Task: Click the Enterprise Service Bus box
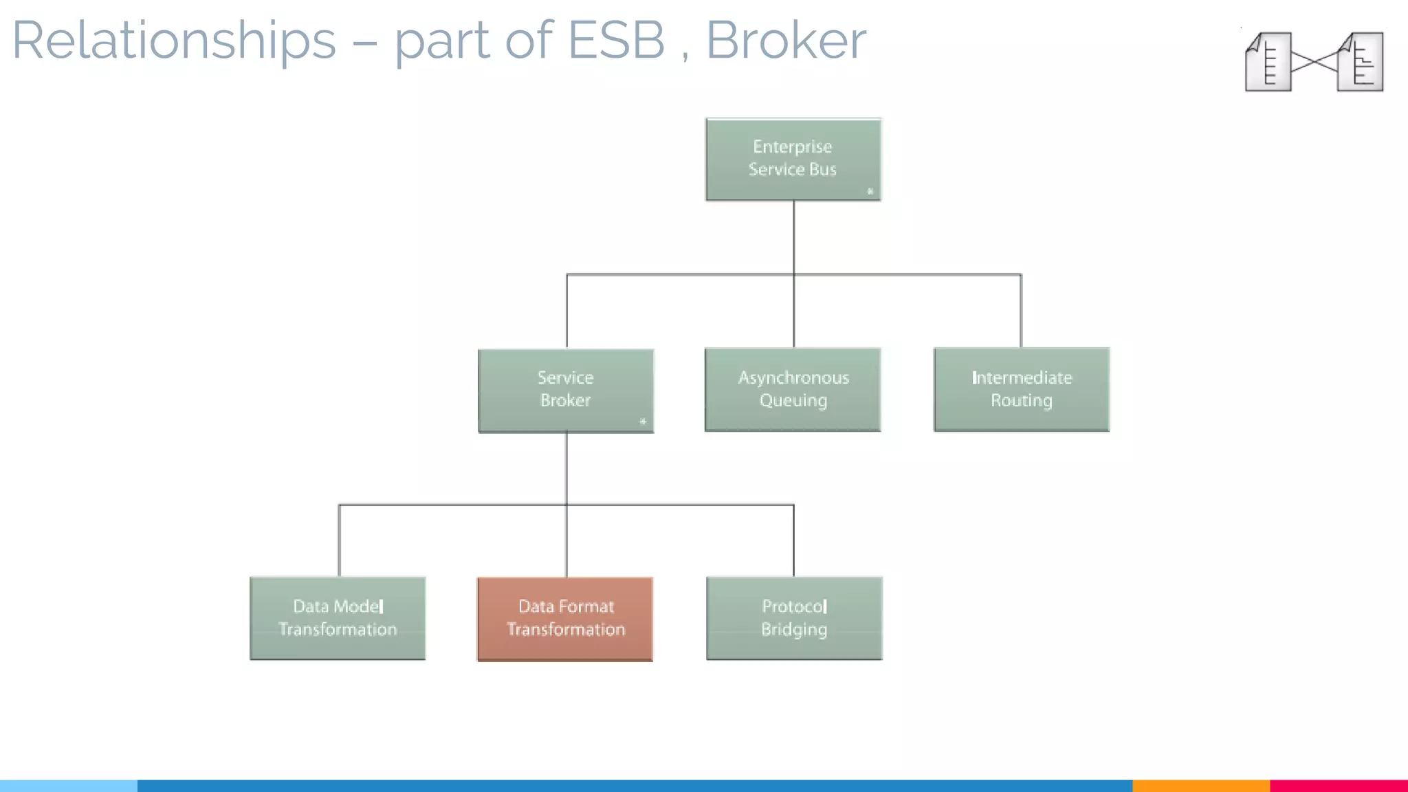[793, 159]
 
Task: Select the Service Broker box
[565, 390]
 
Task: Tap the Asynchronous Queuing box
[793, 390]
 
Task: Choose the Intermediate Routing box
[1021, 390]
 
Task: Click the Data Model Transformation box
[338, 618]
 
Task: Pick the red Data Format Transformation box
[565, 619]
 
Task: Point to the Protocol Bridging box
[794, 618]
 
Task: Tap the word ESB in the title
[616, 40]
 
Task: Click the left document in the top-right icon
[1268, 62]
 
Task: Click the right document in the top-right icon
[1361, 62]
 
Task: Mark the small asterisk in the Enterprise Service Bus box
[870, 191]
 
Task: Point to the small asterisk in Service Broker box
[643, 421]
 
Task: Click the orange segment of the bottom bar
[1200, 785]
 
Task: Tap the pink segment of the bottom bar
[1339, 785]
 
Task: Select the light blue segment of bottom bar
[69, 785]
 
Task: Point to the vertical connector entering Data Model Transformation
[339, 542]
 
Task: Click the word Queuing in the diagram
[793, 401]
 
